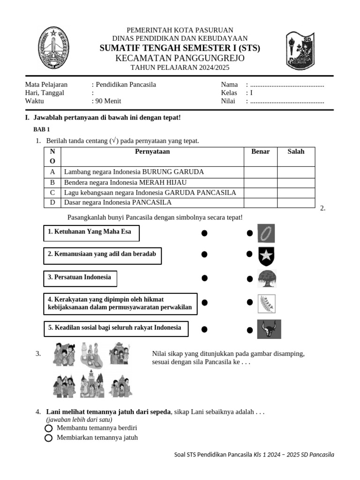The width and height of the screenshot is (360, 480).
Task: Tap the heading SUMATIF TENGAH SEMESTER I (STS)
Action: [180, 48]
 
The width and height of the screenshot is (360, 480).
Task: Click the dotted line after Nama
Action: [287, 85]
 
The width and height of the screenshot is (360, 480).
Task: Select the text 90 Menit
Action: [107, 101]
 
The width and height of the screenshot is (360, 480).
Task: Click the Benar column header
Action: [260, 151]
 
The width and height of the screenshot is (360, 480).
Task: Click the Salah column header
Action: [296, 151]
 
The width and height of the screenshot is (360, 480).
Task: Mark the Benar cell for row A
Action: [260, 172]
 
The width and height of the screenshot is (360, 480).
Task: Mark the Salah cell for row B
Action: [296, 182]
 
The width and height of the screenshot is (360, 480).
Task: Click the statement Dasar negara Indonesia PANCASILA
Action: [118, 202]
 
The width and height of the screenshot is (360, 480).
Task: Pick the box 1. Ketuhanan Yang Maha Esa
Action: [91, 232]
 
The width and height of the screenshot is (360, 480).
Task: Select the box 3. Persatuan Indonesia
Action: [80, 278]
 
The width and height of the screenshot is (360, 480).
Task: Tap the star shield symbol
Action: [266, 256]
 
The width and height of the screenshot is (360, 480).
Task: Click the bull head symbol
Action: [269, 329]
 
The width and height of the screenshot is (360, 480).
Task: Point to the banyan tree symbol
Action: [267, 279]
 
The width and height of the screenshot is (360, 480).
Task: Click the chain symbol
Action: [266, 233]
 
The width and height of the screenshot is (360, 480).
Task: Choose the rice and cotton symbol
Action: [266, 304]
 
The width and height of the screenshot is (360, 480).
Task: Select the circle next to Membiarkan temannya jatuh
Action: [48, 438]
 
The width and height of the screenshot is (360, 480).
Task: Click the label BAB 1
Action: [41, 129]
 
